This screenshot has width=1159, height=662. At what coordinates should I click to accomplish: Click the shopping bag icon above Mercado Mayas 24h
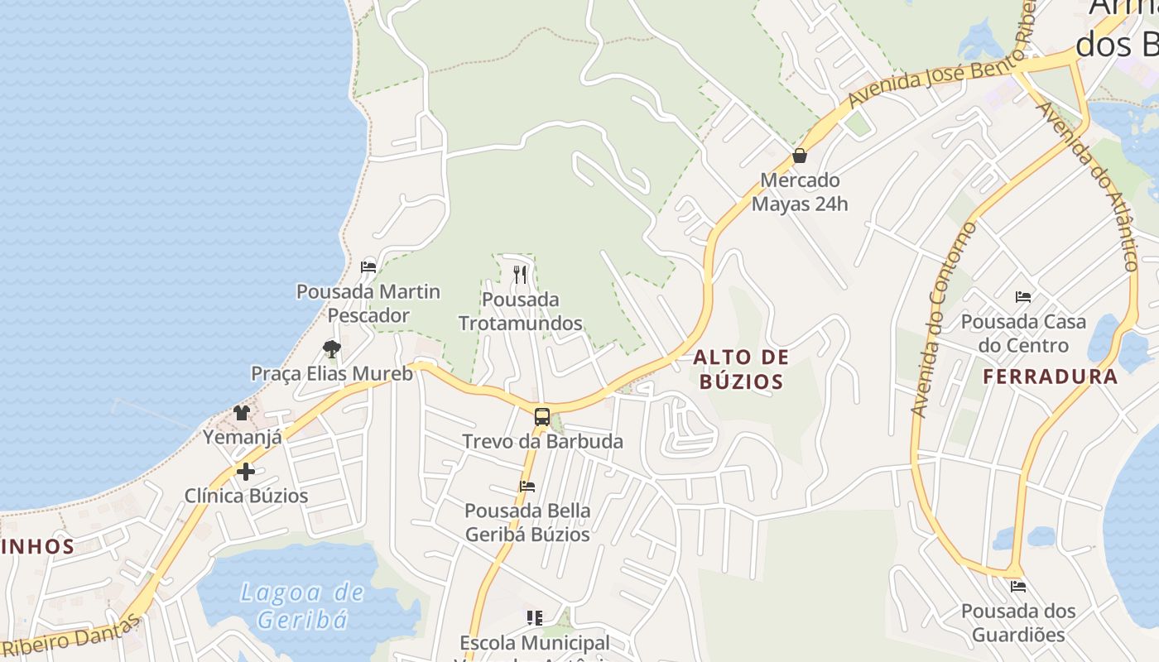[800, 156]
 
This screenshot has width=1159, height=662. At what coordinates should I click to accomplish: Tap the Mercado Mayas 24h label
[800, 192]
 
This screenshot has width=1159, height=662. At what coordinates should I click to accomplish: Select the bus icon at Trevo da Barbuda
[541, 417]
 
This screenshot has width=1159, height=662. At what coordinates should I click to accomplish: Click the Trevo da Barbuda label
[542, 442]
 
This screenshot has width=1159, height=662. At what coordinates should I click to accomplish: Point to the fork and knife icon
[520, 275]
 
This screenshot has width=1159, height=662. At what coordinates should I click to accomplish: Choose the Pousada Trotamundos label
[521, 311]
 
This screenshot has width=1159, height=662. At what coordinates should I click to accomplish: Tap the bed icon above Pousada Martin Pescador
[368, 267]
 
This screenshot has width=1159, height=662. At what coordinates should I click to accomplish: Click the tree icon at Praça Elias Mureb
[332, 348]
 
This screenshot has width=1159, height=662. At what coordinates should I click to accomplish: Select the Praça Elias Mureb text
[332, 373]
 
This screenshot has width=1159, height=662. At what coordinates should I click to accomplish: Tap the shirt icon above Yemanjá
[242, 412]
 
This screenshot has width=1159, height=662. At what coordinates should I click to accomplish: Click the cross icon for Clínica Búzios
[246, 472]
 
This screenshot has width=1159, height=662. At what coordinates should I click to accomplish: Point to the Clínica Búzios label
[246, 496]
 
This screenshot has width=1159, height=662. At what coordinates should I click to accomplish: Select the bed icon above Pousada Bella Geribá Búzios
[527, 486]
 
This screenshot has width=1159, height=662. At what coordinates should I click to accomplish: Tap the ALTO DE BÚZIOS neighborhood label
[741, 369]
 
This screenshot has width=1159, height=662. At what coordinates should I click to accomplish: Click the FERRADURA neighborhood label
[1051, 377]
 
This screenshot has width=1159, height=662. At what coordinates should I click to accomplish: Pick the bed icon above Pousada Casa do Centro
[1023, 296]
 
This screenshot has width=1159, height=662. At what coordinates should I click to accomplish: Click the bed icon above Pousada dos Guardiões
[1018, 587]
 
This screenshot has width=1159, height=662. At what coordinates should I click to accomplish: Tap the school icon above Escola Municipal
[535, 617]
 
